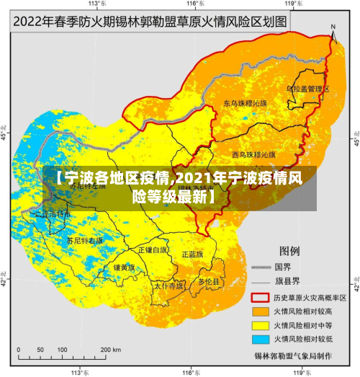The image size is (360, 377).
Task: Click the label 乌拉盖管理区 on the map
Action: (308, 89)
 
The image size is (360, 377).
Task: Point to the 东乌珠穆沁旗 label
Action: (245, 103)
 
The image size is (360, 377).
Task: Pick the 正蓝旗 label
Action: (192, 254)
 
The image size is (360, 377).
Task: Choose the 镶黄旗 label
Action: (124, 267)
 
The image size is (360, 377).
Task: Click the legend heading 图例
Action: (289, 251)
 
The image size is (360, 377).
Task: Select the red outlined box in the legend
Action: (259, 297)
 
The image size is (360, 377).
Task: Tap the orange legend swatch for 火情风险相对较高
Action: (259, 311)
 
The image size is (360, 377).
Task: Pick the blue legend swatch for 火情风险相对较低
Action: (259, 339)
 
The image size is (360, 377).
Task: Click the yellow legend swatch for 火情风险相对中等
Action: (259, 325)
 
